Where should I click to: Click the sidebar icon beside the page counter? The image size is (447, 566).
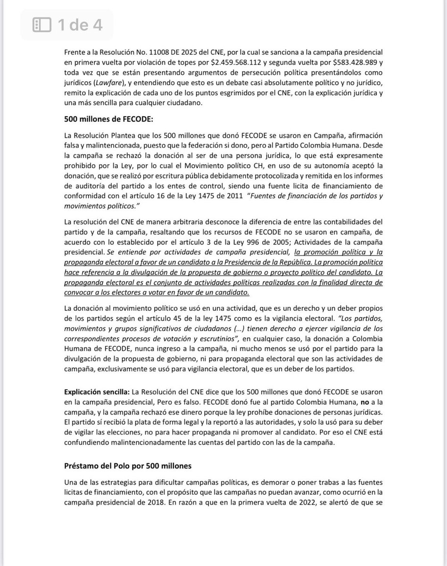[x=41, y=25]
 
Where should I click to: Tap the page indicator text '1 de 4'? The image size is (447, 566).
[x=80, y=25]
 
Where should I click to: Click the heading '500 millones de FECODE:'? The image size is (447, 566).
[x=102, y=118]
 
